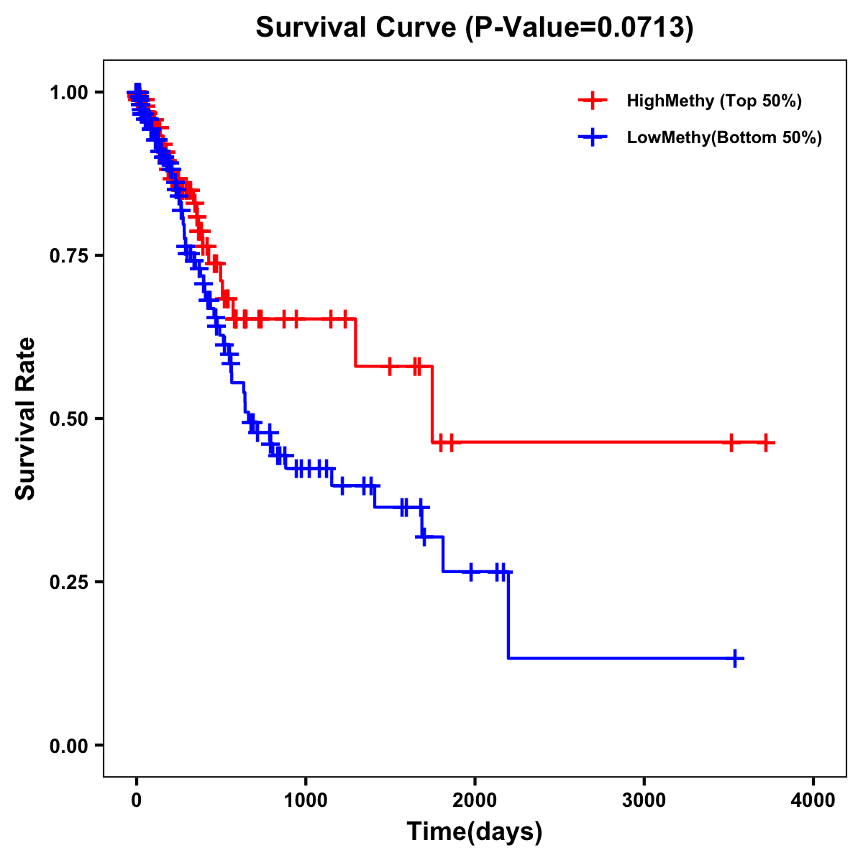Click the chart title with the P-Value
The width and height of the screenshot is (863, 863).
pos(475,28)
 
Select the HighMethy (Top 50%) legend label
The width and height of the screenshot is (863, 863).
pos(714,101)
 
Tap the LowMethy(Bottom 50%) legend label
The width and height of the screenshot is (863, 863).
pos(724,138)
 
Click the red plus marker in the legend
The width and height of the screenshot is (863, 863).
pos(593,101)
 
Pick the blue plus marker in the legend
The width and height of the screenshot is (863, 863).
pos(593,138)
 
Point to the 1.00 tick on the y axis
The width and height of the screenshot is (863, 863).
pos(68,92)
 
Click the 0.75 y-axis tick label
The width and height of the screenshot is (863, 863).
pos(68,255)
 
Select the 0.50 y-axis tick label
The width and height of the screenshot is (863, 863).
pos(68,419)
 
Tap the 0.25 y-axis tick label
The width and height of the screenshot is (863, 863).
pos(68,582)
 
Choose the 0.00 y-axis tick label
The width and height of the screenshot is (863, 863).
pos(68,745)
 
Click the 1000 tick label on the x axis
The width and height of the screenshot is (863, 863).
pos(306,800)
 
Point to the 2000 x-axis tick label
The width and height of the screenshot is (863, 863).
pos(475,800)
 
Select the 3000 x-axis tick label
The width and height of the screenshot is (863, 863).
pos(644,800)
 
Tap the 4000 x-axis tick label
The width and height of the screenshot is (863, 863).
pos(813,800)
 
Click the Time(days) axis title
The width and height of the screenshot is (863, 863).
pos(475,832)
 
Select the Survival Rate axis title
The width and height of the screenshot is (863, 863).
pos(26,419)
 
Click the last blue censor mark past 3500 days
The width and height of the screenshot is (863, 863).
pos(735,658)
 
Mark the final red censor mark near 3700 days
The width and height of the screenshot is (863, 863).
pos(766,443)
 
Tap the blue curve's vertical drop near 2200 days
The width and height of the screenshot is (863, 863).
pos(508,615)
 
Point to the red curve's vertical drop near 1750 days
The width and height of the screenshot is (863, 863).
pos(432,404)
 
